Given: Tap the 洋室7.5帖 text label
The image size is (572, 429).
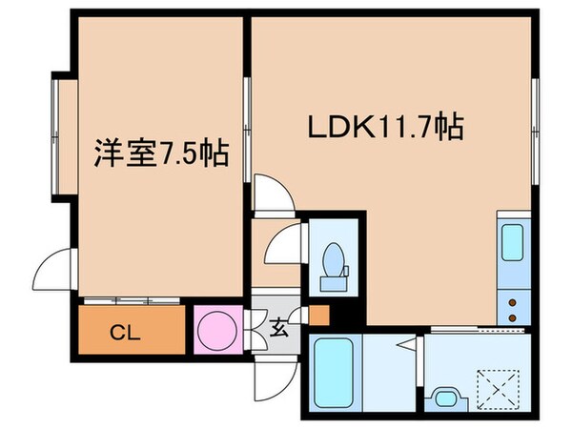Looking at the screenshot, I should tap(160, 152).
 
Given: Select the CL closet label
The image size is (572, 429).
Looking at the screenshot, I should tap(121, 333).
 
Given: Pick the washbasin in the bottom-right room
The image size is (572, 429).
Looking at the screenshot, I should tap(444, 395).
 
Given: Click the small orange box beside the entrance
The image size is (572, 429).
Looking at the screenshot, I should tap(318, 315).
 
